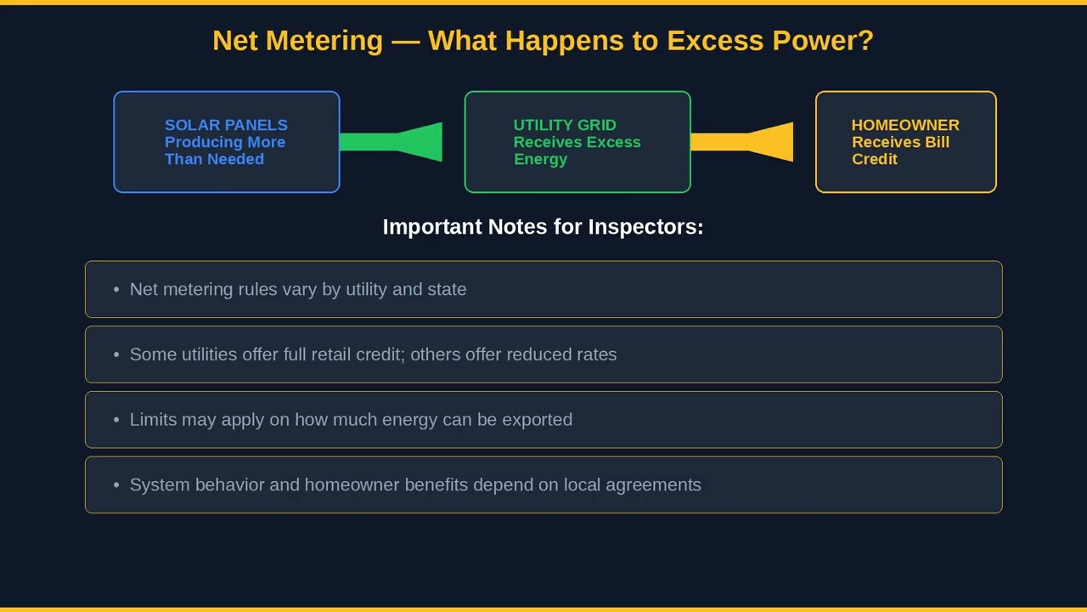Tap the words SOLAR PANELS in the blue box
(x=226, y=125)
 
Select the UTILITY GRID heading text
(x=565, y=125)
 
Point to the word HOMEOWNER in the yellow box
(x=905, y=125)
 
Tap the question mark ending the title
(x=866, y=41)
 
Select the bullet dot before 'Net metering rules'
(x=116, y=290)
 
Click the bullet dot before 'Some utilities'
(x=116, y=354)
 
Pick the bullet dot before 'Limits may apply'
(x=116, y=420)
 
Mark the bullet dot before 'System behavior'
(x=116, y=485)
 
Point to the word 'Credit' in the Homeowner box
(x=875, y=159)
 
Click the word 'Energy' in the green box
(x=540, y=159)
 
